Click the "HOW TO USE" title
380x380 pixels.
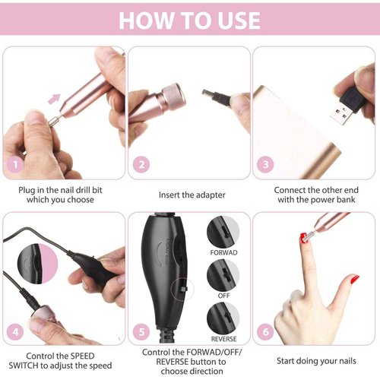(x=189, y=21)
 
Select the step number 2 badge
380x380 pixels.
(x=141, y=164)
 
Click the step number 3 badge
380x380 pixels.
(x=266, y=164)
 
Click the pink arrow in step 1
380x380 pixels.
(x=54, y=97)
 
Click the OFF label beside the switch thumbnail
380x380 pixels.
(x=223, y=294)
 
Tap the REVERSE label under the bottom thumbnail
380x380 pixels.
(x=223, y=338)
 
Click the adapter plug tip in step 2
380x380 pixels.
(x=207, y=95)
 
